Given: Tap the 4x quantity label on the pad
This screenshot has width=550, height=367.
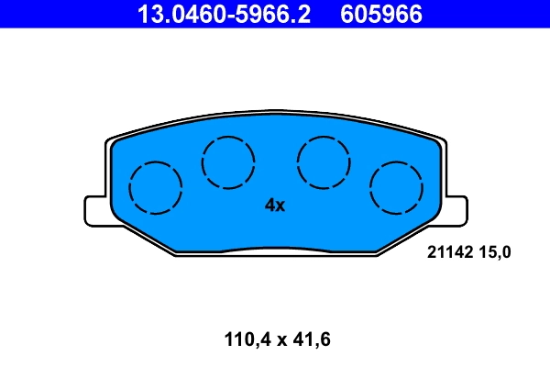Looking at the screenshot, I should click(x=275, y=206).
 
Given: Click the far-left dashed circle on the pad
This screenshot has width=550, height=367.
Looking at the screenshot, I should click(x=156, y=187).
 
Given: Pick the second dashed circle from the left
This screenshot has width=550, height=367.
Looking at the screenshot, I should click(x=228, y=161).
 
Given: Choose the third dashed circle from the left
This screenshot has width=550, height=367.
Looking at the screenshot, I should click(x=324, y=161).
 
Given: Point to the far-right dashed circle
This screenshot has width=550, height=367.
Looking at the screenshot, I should click(x=396, y=187).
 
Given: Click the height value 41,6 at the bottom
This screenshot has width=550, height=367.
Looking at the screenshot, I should click(x=309, y=340).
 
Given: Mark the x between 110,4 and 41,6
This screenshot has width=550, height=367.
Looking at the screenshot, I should click(x=278, y=341).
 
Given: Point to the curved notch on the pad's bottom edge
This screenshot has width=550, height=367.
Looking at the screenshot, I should click(x=275, y=248).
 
